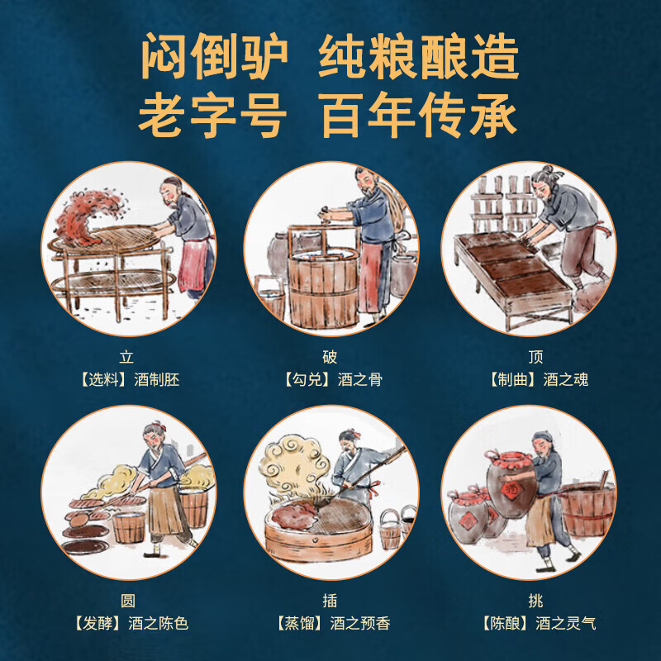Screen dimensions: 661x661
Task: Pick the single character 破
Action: [x=330, y=358]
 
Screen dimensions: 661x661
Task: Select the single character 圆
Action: [x=128, y=601]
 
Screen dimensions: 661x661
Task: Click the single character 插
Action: [x=330, y=601]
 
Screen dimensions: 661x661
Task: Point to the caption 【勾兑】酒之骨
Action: [x=330, y=380]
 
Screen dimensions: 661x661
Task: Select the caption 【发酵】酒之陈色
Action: [x=128, y=623]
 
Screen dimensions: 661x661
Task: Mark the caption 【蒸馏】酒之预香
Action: [x=330, y=623]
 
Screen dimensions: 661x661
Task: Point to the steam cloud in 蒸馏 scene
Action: [x=293, y=463]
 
